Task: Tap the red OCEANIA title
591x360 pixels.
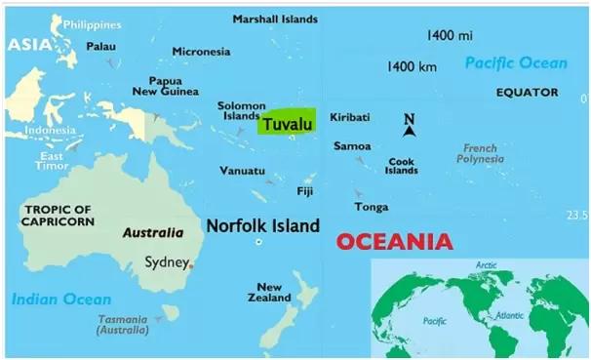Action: [393, 241]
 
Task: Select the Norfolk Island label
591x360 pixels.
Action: [262, 226]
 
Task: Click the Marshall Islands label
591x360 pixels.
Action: [274, 19]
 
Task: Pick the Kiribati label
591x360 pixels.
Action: [350, 117]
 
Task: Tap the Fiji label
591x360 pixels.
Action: [305, 190]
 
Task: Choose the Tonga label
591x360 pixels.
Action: [372, 207]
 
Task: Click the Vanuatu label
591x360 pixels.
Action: [243, 171]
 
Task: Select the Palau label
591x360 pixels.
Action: [100, 46]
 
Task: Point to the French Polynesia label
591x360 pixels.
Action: [479, 154]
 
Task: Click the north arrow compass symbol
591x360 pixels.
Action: [411, 125]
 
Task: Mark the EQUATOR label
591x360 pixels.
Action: [527, 93]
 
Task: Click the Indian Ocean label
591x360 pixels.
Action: [61, 300]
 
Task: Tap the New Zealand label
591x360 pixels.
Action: [270, 293]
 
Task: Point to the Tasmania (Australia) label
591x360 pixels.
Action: [123, 325]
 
